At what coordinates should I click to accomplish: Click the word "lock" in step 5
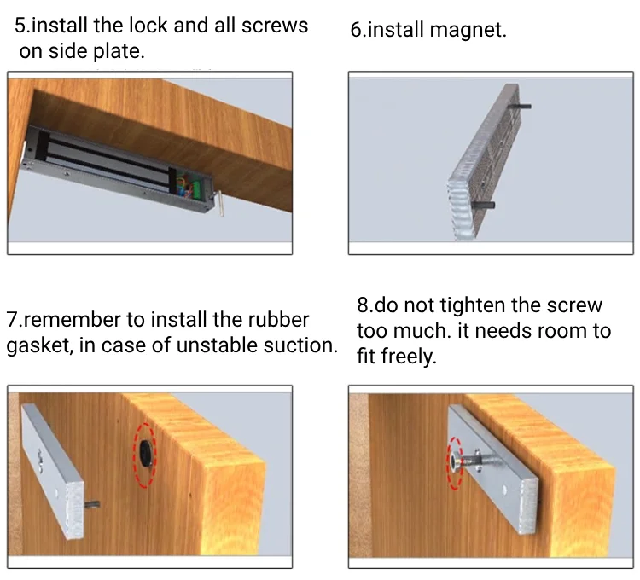[x=148, y=26]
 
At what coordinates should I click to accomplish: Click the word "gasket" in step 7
[x=38, y=346]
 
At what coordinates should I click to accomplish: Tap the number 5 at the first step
[x=20, y=26]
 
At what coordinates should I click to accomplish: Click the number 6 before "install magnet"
[x=356, y=30]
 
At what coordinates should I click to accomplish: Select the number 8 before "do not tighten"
[x=363, y=305]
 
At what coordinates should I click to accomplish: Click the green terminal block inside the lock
[x=197, y=188]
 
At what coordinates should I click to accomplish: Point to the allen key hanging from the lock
[x=218, y=202]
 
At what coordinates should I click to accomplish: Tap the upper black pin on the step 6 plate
[x=519, y=106]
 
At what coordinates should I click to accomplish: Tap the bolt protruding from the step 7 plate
[x=92, y=505]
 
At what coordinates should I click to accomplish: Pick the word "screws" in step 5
[x=275, y=26]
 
